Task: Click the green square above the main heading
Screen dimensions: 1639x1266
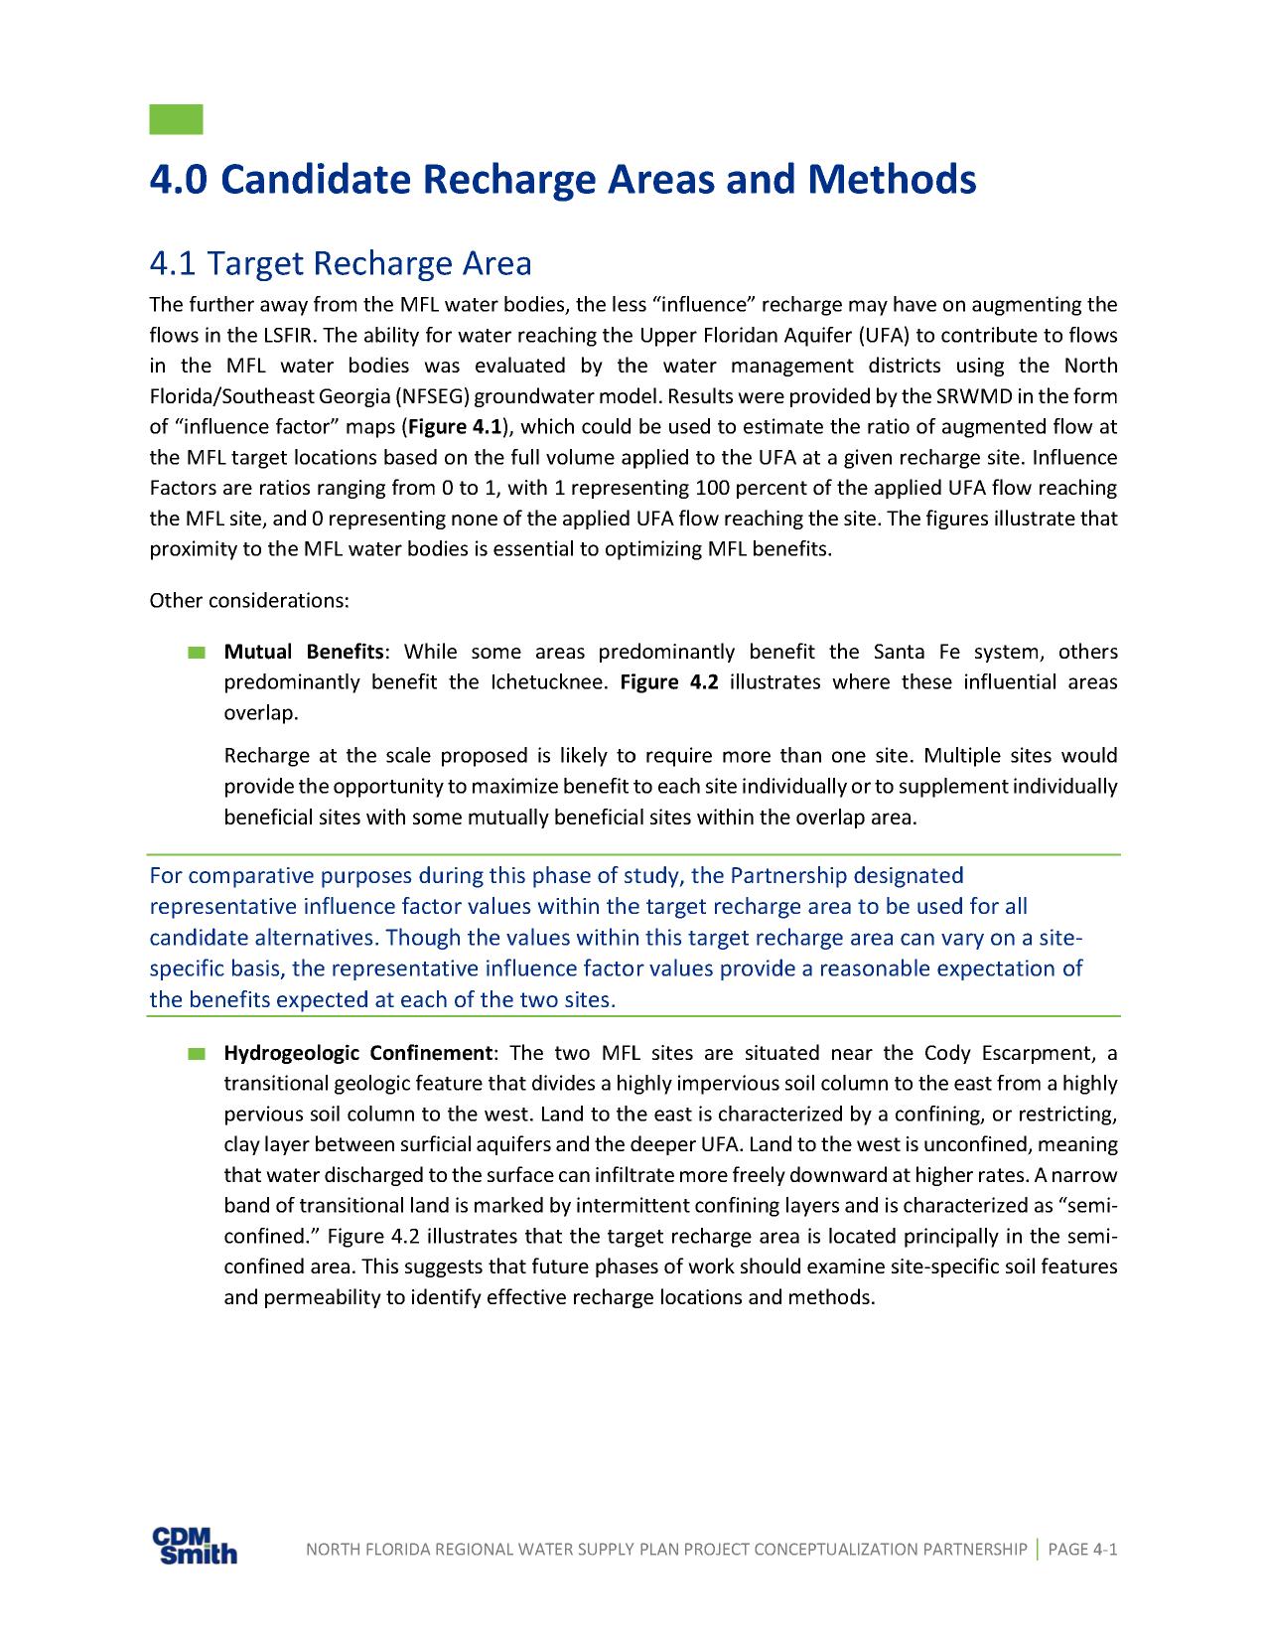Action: [176, 118]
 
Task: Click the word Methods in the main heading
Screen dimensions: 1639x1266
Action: [891, 180]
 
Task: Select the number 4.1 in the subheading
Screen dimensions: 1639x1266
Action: [172, 264]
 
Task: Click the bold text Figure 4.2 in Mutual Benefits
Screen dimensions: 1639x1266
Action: [668, 682]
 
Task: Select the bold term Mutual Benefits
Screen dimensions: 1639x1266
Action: [303, 652]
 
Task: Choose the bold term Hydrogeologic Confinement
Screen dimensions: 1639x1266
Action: [357, 1053]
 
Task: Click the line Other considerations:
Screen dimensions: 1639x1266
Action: [248, 601]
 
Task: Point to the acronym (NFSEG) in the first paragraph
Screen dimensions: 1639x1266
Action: [432, 396]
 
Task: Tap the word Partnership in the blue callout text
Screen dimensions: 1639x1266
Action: [788, 876]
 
